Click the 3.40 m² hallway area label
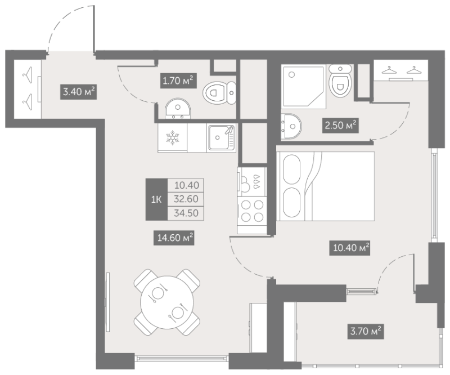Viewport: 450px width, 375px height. (78, 92)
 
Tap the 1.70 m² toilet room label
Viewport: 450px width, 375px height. (178, 81)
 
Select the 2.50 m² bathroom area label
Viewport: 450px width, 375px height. (341, 126)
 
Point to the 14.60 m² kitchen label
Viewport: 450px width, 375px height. (175, 238)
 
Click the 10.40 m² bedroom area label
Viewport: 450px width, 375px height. (349, 248)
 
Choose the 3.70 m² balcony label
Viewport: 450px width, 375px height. (366, 331)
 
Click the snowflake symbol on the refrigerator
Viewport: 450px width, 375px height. (173, 137)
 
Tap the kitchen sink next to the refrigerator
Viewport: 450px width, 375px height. (221, 137)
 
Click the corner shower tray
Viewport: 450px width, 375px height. (303, 86)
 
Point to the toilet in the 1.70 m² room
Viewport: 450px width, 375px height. (219, 92)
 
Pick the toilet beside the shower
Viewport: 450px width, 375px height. (340, 81)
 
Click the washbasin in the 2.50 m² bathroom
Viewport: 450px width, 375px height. (291, 126)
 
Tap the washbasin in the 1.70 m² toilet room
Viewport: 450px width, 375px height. (178, 109)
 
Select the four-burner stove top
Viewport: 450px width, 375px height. (252, 211)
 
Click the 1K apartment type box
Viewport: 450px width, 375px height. (156, 199)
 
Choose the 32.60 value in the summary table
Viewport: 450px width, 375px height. (186, 199)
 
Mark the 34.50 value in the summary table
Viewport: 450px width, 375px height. (186, 213)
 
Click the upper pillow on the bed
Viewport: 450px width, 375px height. (291, 169)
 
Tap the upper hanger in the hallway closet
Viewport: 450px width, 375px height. (28, 75)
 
